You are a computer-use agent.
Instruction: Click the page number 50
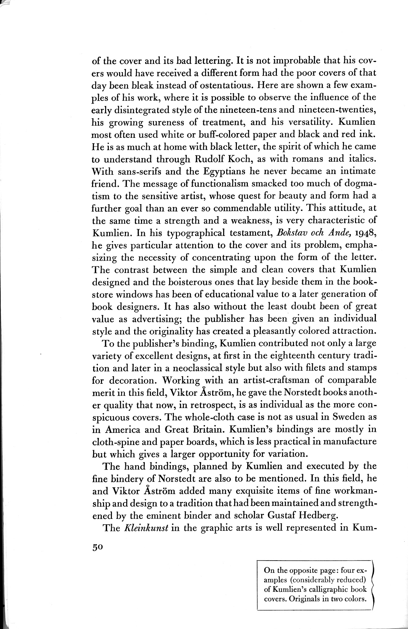click(97, 547)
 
